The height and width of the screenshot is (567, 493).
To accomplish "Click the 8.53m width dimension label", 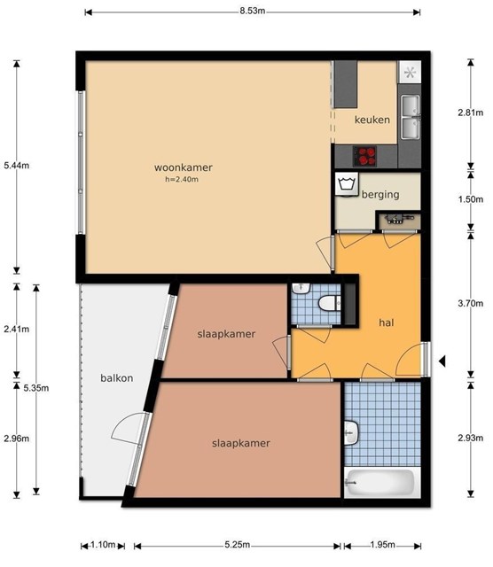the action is click(253, 11).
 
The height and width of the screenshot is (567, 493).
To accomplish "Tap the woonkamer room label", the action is click(184, 167).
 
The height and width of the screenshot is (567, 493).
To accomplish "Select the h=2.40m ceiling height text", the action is click(182, 179).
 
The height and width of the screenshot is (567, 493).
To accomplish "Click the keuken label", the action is click(372, 120).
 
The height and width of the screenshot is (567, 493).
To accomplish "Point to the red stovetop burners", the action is click(364, 156).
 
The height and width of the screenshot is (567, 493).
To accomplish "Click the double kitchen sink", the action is click(411, 116).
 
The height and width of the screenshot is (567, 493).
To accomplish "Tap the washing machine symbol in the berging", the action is click(347, 184).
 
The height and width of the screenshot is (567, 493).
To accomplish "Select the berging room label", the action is click(380, 195).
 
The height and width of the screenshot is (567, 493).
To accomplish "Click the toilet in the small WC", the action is click(329, 303).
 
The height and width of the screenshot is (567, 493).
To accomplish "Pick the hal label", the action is click(387, 322).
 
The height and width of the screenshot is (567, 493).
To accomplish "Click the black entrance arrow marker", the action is click(442, 361).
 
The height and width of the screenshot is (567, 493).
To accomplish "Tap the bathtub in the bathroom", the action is click(380, 483).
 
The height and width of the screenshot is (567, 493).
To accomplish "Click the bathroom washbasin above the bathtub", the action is click(351, 433).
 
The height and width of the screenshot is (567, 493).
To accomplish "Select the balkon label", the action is click(116, 378).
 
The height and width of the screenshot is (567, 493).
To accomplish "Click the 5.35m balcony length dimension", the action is click(36, 388).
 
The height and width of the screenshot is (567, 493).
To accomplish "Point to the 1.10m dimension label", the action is click(103, 545).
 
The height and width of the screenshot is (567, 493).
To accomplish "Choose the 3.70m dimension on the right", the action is click(471, 303).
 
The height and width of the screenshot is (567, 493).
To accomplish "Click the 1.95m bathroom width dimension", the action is click(382, 545).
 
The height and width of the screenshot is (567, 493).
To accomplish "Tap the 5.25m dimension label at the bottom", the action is click(237, 545).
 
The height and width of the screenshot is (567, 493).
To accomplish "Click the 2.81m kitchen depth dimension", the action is click(471, 113).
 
